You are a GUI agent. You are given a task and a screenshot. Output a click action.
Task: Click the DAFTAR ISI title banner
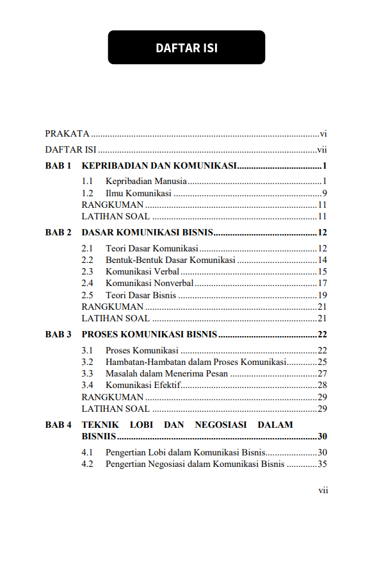click(186, 47)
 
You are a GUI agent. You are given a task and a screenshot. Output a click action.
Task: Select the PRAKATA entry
click(67, 134)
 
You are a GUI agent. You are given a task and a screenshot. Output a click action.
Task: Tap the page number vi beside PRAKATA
click(324, 134)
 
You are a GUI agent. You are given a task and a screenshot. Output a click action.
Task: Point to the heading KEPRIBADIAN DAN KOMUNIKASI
click(159, 166)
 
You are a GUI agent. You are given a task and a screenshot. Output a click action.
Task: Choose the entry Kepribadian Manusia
click(147, 182)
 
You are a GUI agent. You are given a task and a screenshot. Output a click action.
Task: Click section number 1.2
click(88, 193)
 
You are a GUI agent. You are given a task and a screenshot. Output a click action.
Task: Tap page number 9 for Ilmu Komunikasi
click(325, 193)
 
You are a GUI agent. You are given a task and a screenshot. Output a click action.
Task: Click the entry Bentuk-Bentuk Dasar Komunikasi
click(170, 260)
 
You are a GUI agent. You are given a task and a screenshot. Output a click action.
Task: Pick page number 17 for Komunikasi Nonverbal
click(323, 283)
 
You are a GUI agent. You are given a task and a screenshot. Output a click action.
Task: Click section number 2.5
click(88, 295)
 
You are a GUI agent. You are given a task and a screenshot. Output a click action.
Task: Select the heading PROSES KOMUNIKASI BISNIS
click(150, 335)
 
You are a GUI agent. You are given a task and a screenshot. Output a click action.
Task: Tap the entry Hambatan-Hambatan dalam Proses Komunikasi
click(195, 362)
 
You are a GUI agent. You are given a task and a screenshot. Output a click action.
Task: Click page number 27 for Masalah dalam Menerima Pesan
click(323, 374)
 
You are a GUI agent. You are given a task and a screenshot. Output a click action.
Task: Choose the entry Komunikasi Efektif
click(143, 385)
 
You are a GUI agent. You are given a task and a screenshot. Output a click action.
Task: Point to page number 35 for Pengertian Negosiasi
click(323, 464)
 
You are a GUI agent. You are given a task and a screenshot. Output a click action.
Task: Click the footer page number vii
click(323, 491)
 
